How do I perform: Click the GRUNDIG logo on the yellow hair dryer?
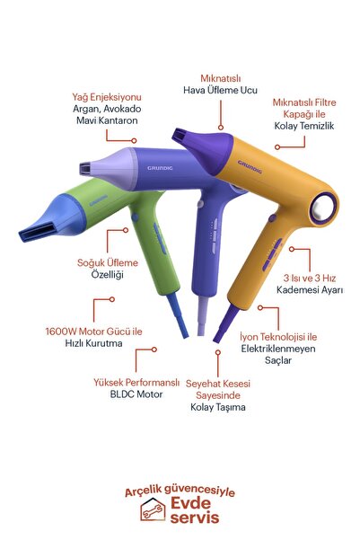tap(250, 166)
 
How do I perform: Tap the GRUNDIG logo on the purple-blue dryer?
tap(160, 168)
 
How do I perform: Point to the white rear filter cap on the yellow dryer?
tap(323, 208)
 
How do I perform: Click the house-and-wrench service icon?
tap(153, 509)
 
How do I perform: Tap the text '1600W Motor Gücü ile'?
tap(93, 332)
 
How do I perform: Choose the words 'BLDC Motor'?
tap(136, 394)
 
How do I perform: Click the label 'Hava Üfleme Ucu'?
tap(220, 90)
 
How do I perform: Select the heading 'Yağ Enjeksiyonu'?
tap(107, 97)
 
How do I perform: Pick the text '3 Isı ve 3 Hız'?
tap(310, 278)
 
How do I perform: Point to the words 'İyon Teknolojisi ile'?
tap(278, 336)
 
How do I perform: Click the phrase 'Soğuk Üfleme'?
tap(108, 262)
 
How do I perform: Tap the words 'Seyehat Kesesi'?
tap(218, 384)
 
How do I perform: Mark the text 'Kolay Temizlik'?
tap(304, 126)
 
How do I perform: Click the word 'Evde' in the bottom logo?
tap(190, 503)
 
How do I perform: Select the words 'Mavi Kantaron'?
tap(107, 120)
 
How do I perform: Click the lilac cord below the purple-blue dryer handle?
tap(202, 315)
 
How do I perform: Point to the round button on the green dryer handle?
tap(135, 217)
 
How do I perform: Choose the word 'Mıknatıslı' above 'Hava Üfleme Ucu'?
tap(221, 78)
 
